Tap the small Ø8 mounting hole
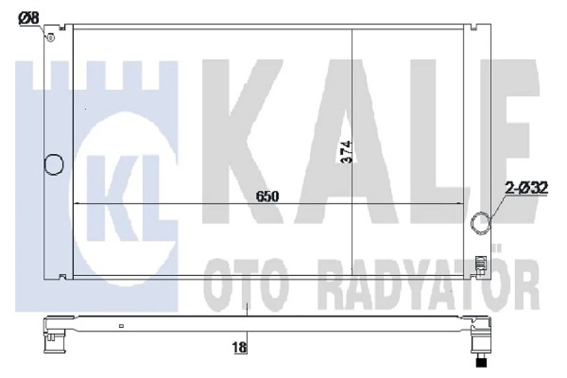[x=49, y=37]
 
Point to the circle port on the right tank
[x=482, y=222]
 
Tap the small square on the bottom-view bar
[x=121, y=325]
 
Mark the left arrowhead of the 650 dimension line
[x=76, y=204]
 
